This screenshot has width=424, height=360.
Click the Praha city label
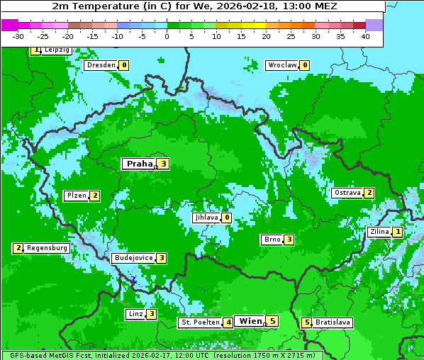(139, 164)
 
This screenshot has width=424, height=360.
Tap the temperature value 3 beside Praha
(163, 164)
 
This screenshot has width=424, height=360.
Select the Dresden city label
(101, 65)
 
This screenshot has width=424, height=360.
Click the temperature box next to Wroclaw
(304, 65)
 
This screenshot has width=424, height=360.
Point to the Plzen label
(76, 196)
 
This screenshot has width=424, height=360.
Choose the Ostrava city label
(347, 193)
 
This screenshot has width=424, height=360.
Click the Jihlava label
(206, 218)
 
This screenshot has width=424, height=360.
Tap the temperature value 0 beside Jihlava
(226, 218)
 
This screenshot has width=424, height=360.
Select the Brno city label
(272, 240)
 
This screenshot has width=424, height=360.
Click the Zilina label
(379, 232)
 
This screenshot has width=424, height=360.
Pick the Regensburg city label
(47, 248)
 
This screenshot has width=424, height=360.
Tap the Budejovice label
(133, 258)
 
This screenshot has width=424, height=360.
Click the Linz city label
(135, 314)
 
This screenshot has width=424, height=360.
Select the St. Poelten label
(200, 322)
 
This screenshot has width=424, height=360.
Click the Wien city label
(251, 321)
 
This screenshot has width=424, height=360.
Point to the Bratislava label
(333, 322)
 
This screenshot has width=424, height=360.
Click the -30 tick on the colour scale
(18, 36)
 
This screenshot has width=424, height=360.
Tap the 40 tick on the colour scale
(365, 36)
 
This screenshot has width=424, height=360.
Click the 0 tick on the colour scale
(167, 36)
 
